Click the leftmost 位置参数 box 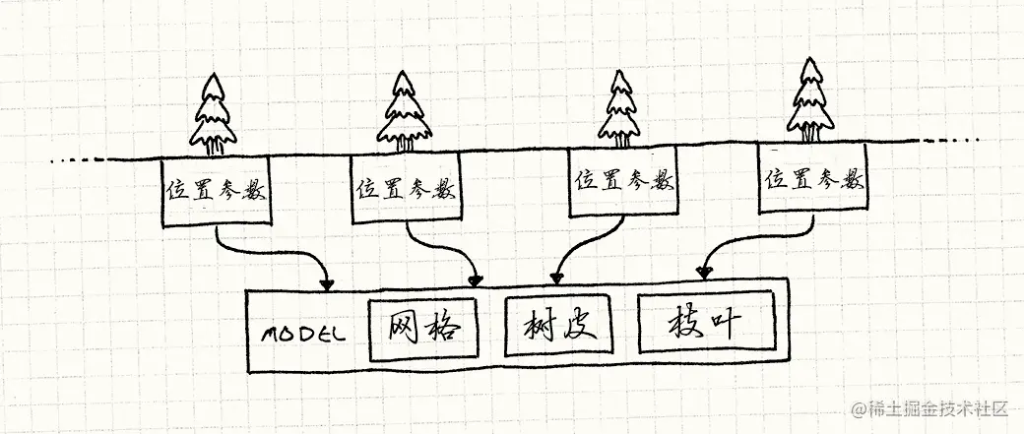214,189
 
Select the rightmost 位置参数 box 813,180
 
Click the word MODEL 302,333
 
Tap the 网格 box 423,327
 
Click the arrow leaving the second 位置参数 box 448,251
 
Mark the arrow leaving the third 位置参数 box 581,246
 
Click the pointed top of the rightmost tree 810,62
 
